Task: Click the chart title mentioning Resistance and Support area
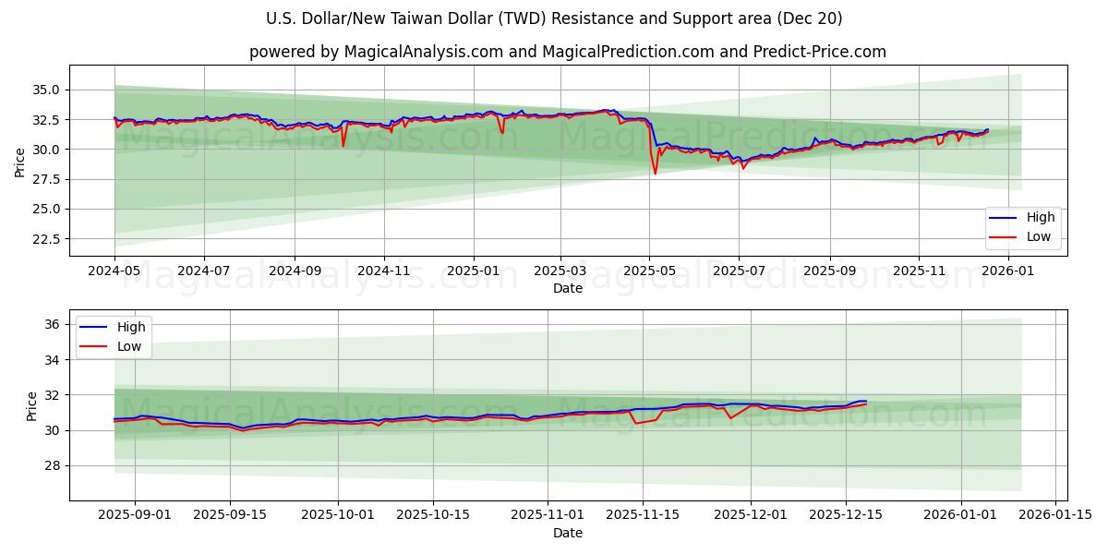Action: pos(554,18)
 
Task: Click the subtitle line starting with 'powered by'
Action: pos(567,52)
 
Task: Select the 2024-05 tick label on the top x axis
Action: pos(114,272)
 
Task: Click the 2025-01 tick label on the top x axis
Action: pos(473,272)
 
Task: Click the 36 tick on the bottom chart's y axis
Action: pos(52,324)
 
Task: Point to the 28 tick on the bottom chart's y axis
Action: pos(52,466)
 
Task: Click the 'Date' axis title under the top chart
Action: pos(567,288)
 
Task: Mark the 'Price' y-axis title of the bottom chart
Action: pos(32,406)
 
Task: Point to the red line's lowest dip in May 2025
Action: pos(656,174)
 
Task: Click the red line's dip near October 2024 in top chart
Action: pos(343,146)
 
